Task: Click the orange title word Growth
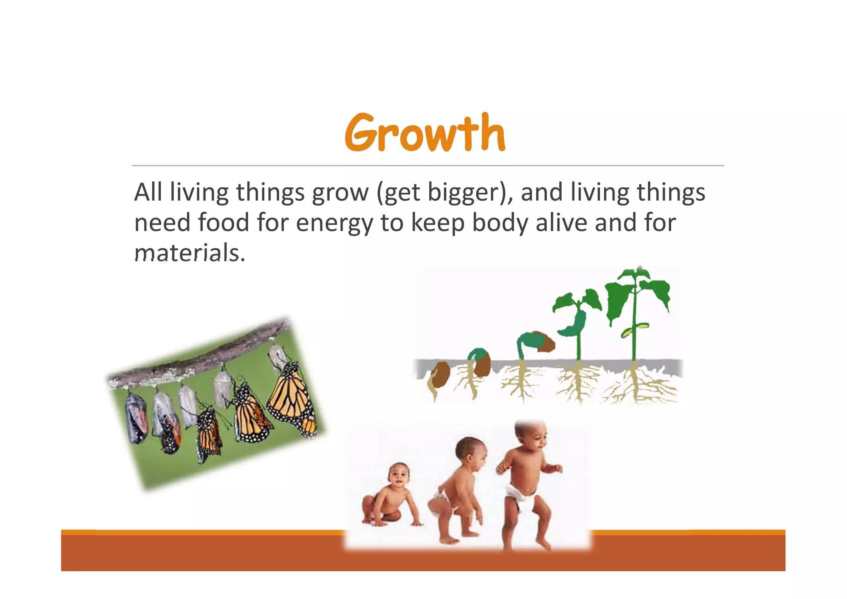(425, 133)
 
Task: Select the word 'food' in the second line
(223, 223)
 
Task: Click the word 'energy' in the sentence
(334, 223)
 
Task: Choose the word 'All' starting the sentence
(148, 192)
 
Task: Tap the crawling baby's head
(399, 476)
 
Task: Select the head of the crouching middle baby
(470, 452)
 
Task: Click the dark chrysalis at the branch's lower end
(136, 418)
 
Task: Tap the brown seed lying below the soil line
(440, 374)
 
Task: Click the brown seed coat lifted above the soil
(545, 342)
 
